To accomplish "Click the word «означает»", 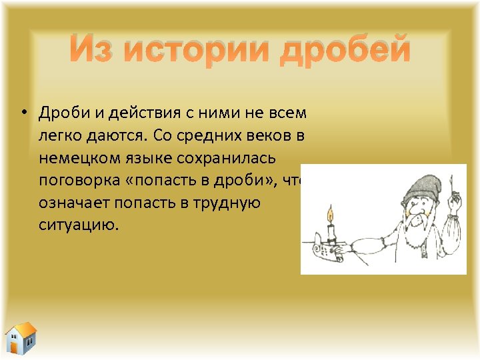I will point(73,203).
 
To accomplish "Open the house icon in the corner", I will point(21,338).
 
